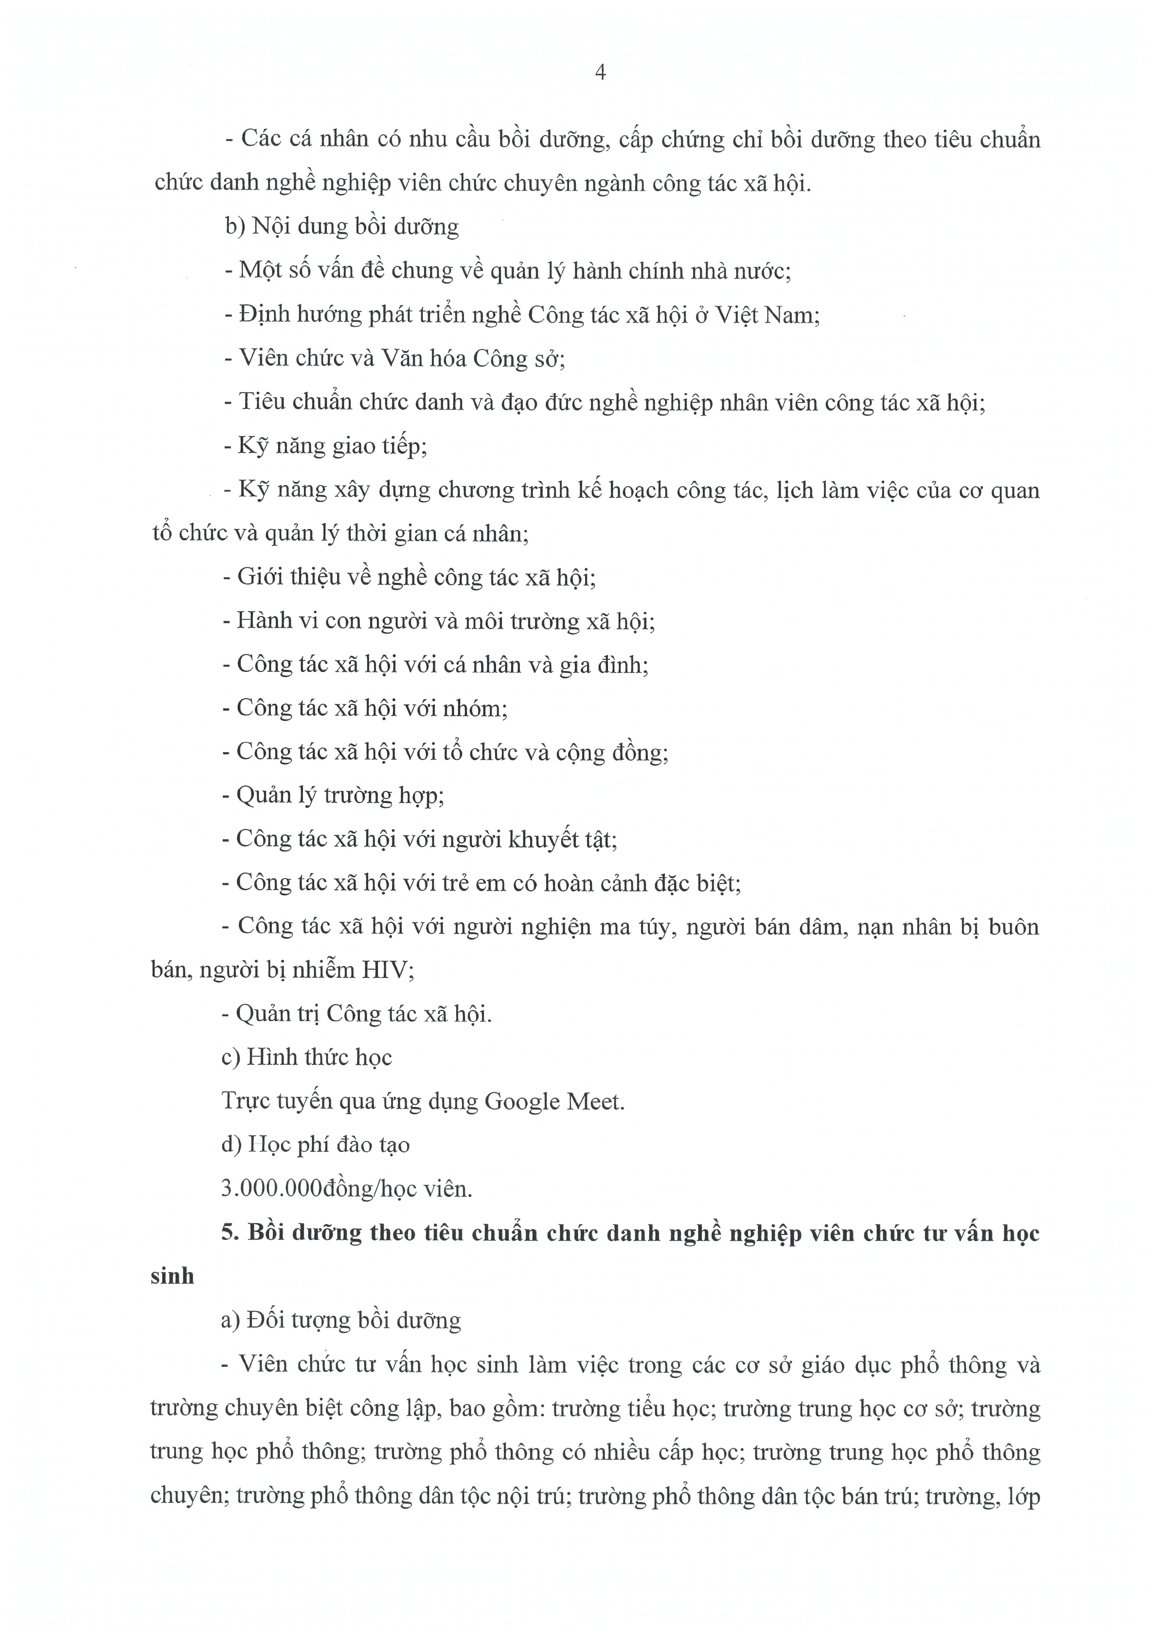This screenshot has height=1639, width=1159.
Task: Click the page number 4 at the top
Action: pyautogui.click(x=600, y=73)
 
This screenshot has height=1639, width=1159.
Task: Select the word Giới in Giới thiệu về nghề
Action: pyautogui.click(x=260, y=577)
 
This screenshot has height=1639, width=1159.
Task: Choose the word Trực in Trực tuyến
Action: pyautogui.click(x=247, y=1101)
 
